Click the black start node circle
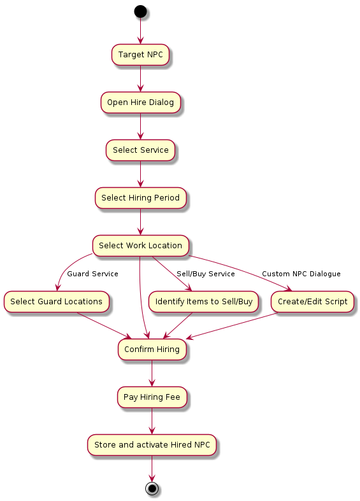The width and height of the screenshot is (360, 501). (x=140, y=11)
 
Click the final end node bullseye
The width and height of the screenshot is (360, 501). (x=152, y=488)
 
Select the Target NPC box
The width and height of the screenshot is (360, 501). (x=140, y=55)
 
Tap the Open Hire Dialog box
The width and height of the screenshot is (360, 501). (x=140, y=102)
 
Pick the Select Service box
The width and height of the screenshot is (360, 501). (x=140, y=150)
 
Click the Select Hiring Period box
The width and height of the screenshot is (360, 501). (x=140, y=198)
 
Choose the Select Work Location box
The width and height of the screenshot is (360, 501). (x=140, y=245)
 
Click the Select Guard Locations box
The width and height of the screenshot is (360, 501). (x=56, y=301)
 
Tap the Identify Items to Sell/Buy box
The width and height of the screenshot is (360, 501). (x=204, y=301)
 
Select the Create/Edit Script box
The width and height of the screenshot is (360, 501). (x=312, y=301)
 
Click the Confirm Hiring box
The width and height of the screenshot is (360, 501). (x=152, y=349)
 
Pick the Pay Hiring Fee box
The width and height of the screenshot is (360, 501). (x=152, y=397)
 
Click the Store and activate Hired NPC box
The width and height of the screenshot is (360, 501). (x=152, y=445)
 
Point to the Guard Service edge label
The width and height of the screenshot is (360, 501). (x=92, y=274)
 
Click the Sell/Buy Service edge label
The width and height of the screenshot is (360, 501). (x=206, y=274)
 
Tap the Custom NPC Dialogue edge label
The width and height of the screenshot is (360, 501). (x=301, y=274)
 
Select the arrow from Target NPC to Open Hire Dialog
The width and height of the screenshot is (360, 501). (x=140, y=78)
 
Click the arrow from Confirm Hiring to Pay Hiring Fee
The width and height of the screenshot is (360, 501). (x=152, y=373)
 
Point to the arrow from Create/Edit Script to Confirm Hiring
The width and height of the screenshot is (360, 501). (x=231, y=325)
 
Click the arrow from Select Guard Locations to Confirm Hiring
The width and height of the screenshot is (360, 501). (x=104, y=325)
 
